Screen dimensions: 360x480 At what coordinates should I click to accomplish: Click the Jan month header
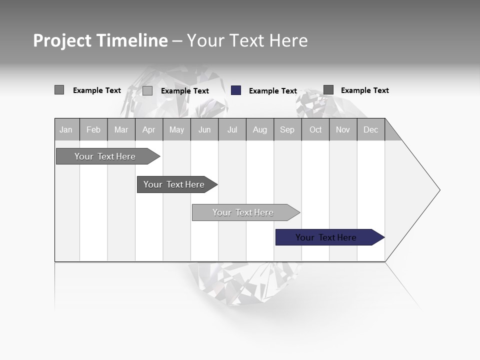[x=66, y=129]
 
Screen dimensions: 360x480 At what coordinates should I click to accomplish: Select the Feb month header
[x=93, y=129]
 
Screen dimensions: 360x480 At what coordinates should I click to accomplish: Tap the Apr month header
[x=149, y=129]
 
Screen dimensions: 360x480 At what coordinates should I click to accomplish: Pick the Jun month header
[x=204, y=129]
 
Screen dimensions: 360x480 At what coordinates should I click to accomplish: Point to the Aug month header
[x=260, y=129]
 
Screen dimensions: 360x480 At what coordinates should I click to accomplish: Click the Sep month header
[x=287, y=129]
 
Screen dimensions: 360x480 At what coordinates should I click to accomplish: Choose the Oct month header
[x=315, y=129]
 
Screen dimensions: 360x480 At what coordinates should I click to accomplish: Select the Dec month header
[x=371, y=129]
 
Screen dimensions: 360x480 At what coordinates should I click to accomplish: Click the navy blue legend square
[x=236, y=90]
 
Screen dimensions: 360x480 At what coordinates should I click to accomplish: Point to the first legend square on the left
[x=59, y=90]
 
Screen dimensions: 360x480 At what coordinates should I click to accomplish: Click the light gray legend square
[x=147, y=90]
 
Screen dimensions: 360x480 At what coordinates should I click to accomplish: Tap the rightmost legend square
[x=328, y=90]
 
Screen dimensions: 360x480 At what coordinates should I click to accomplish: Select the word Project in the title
[x=62, y=40]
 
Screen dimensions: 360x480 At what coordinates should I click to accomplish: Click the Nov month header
[x=343, y=129]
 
